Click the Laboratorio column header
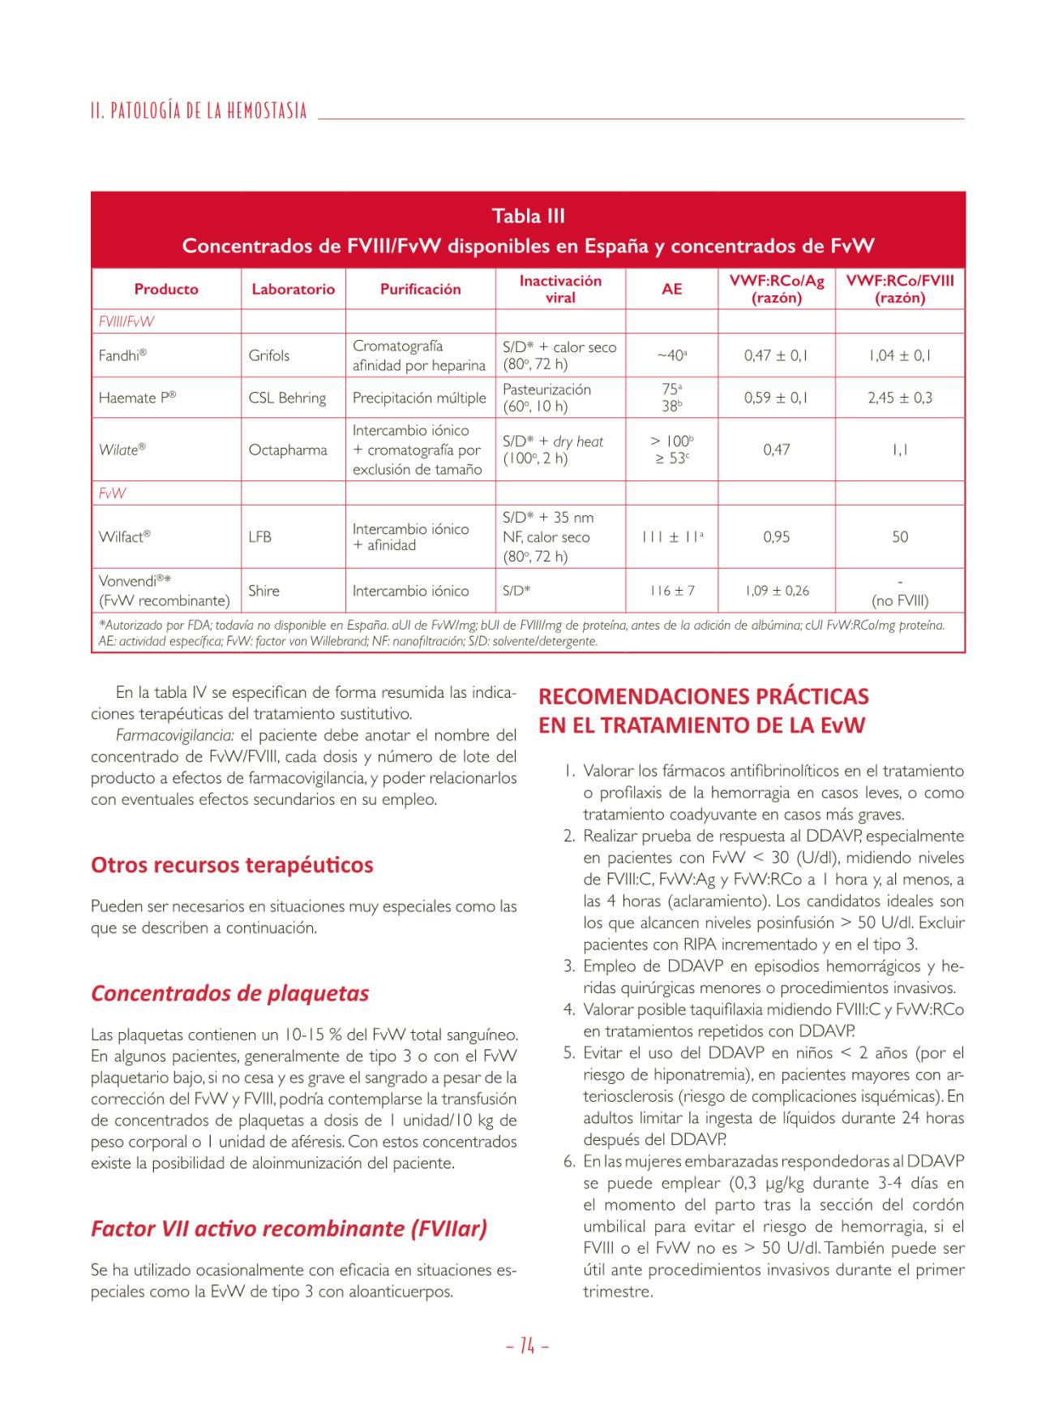tap(293, 289)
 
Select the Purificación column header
tap(420, 289)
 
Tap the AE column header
tap(671, 289)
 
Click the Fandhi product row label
tap(122, 355)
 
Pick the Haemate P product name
tap(137, 398)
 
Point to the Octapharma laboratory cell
tap(288, 450)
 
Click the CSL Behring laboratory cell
tap(287, 398)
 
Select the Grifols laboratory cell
tap(269, 355)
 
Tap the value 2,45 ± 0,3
tap(900, 398)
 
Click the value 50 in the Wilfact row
tap(900, 536)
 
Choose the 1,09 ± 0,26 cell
tap(776, 591)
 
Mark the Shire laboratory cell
tap(263, 591)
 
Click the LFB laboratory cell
tap(259, 536)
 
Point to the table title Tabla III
tap(528, 216)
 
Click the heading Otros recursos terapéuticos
tap(232, 865)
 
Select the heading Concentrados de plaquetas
tap(229, 993)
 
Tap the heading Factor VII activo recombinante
tap(289, 1228)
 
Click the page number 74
tap(527, 1347)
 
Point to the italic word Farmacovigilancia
tap(174, 736)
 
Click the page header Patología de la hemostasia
tap(199, 110)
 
